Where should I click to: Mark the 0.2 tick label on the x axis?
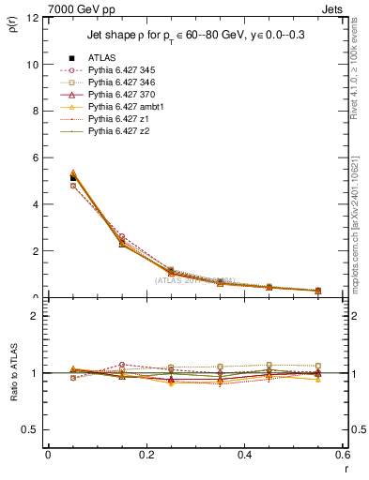coord(146,455)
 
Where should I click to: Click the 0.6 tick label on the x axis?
coord(342,455)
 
